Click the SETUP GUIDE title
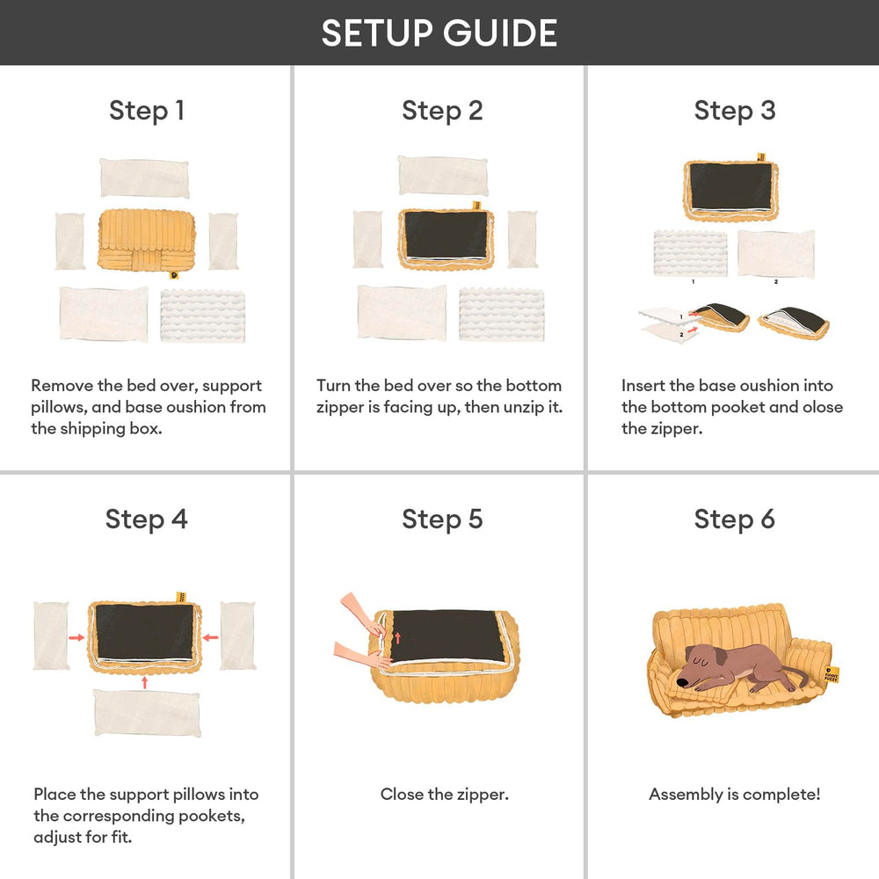[439, 33]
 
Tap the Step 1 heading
[147, 111]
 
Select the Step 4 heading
[146, 519]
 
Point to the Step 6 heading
[734, 519]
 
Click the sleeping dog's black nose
[682, 682]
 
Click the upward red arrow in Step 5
[398, 638]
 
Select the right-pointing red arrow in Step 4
[76, 637]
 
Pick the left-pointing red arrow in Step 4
[210, 637]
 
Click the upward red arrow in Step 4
[145, 682]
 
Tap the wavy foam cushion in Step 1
[202, 316]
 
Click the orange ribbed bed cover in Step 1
[146, 241]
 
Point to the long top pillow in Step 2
[443, 176]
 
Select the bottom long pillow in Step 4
[148, 713]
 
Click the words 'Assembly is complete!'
[734, 795]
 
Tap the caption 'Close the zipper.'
[445, 795]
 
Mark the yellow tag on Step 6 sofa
[832, 674]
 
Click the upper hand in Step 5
[361, 614]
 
